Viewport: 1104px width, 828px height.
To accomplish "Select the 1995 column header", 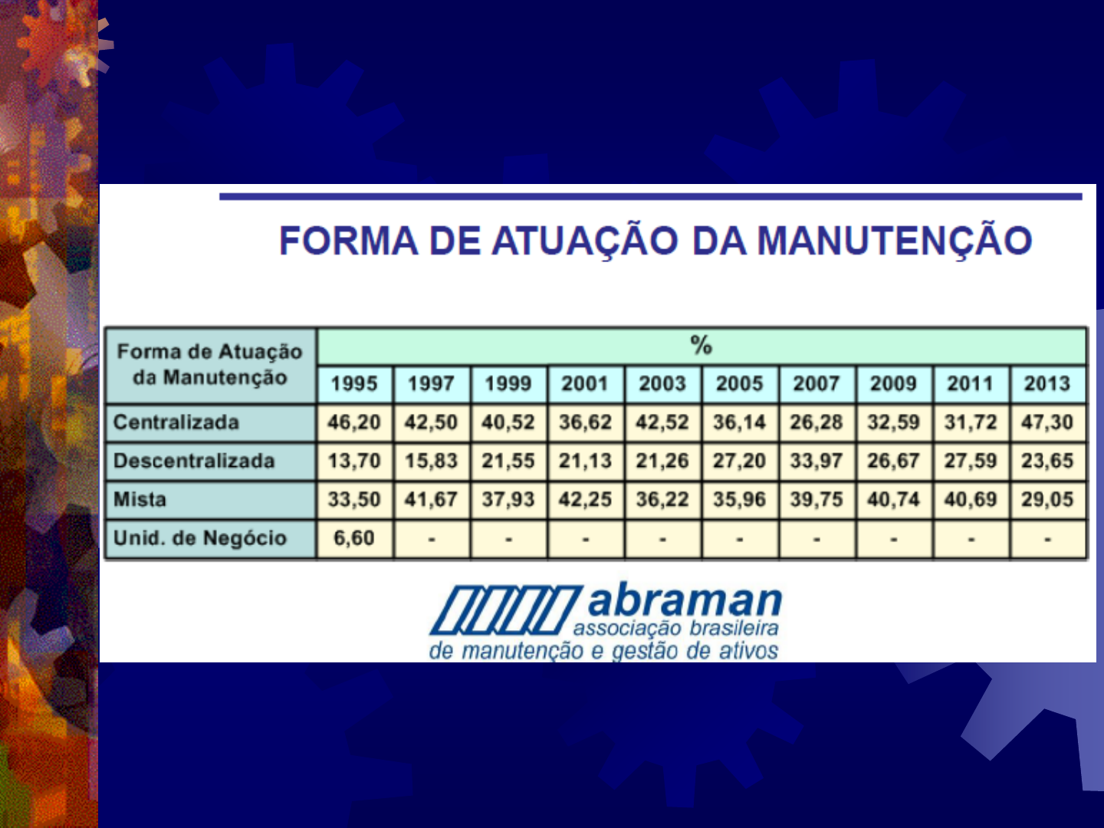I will pos(354,383).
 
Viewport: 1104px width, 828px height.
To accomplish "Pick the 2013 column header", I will pos(1047,383).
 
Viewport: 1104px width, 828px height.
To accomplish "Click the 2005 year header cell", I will pos(739,383).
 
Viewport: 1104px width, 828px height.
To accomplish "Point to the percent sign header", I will pos(701,346).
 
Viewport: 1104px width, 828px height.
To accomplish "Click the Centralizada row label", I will pos(176,422).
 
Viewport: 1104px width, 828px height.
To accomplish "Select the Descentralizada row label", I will pos(194,461).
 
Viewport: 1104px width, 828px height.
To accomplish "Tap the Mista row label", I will pos(140,500).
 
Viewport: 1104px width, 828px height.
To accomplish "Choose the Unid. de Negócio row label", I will pos(199,538).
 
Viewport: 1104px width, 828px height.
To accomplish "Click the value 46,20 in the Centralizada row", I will pos(354,422).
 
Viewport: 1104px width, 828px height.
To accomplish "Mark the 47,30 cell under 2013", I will pos(1047,422).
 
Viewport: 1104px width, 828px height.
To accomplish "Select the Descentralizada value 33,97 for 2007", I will pos(816,461).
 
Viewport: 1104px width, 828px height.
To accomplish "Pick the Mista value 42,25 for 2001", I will pos(585,500).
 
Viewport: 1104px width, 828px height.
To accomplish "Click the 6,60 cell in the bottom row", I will pos(354,538).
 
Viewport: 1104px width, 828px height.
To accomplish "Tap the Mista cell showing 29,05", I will pos(1047,500).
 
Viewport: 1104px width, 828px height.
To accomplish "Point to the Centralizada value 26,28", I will pos(816,422).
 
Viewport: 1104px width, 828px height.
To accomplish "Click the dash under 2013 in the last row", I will pos(1047,539).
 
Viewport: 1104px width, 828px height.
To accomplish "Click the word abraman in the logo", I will pos(684,601).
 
